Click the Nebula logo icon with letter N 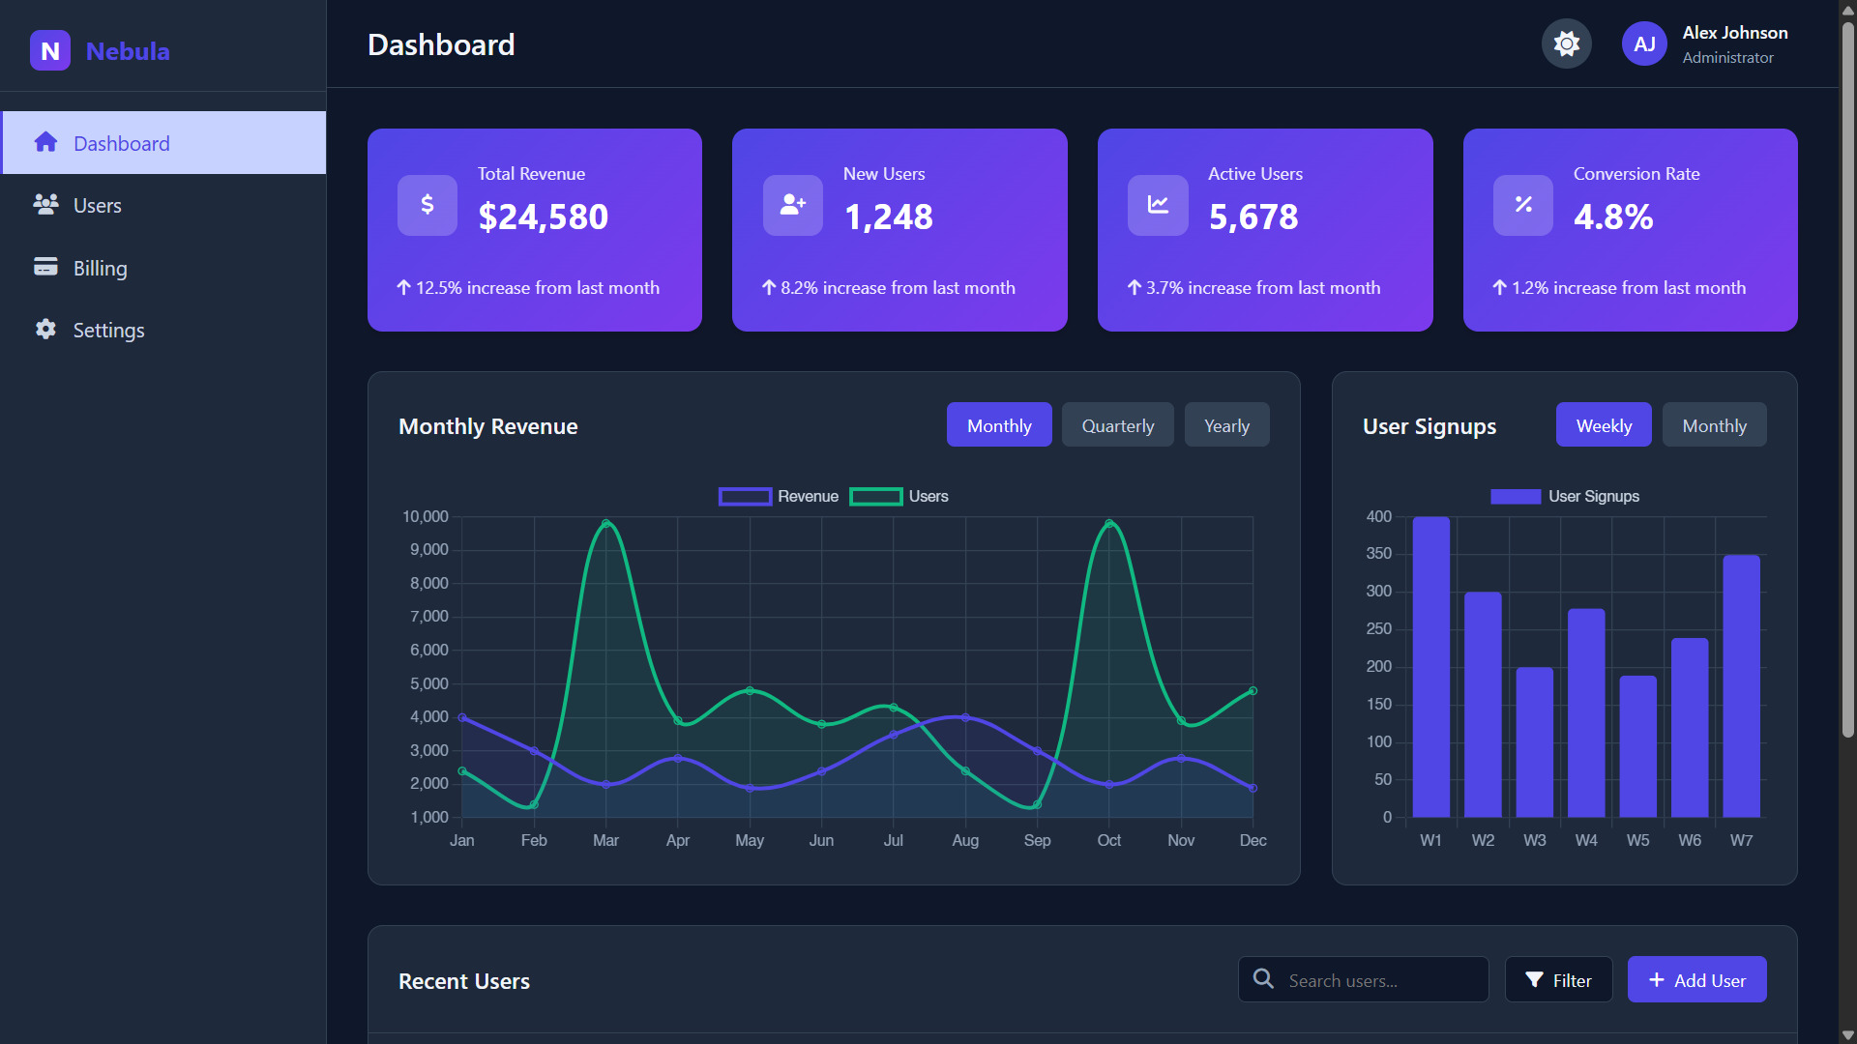[x=50, y=50]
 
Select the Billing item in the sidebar [x=100, y=268]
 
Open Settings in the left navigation [x=108, y=330]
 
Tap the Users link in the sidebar [x=97, y=205]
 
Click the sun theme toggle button [x=1566, y=43]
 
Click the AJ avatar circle [x=1644, y=43]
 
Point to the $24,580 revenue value [x=543, y=217]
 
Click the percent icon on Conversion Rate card [x=1522, y=204]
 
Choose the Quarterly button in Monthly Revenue [x=1117, y=425]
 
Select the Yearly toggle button [x=1226, y=425]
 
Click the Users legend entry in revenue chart [x=899, y=496]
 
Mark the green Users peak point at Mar [x=605, y=524]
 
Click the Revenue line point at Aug [x=965, y=717]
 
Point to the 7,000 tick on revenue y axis [x=429, y=616]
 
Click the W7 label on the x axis [x=1741, y=840]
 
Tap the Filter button [x=1558, y=980]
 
